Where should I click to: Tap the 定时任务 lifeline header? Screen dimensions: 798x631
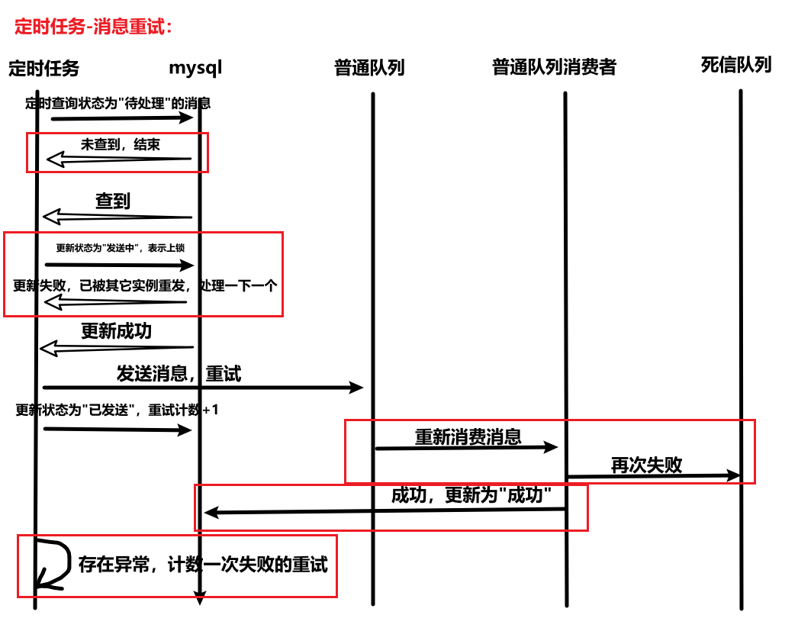pos(43,68)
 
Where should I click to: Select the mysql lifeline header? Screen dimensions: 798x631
pos(195,67)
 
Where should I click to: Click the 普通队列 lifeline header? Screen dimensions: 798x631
pos(369,67)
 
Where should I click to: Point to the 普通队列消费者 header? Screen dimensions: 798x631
pos(554,67)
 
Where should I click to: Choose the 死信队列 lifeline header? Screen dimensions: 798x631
pos(736,64)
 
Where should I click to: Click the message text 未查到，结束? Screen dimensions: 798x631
pos(121,144)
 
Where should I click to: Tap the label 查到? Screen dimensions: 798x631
pos(113,201)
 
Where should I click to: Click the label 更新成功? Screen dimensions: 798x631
pos(117,331)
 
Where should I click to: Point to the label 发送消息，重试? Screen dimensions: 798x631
pos(179,374)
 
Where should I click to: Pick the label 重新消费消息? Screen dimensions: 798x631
pos(468,436)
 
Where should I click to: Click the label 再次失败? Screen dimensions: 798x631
pos(646,465)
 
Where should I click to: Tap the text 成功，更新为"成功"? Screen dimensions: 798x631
pos(471,495)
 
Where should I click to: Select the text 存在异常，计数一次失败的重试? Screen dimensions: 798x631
pos(203,565)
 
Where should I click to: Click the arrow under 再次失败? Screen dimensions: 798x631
pos(653,476)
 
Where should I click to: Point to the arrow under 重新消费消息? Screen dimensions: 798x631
pos(467,448)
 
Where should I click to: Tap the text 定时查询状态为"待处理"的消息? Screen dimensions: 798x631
pos(118,104)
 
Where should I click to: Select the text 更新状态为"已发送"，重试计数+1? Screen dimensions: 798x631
pos(117,410)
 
